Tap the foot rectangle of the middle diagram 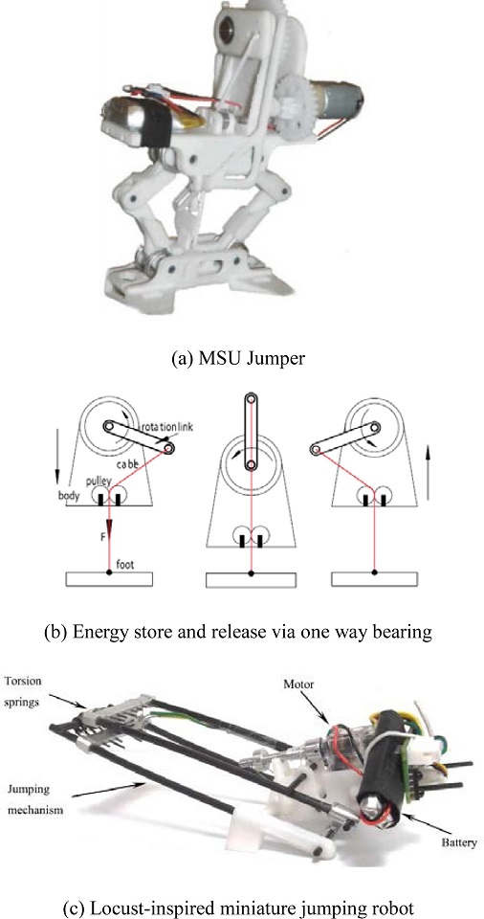pos(251,579)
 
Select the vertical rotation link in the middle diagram pos(251,432)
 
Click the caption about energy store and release pos(238,632)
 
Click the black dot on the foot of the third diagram pos(375,572)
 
